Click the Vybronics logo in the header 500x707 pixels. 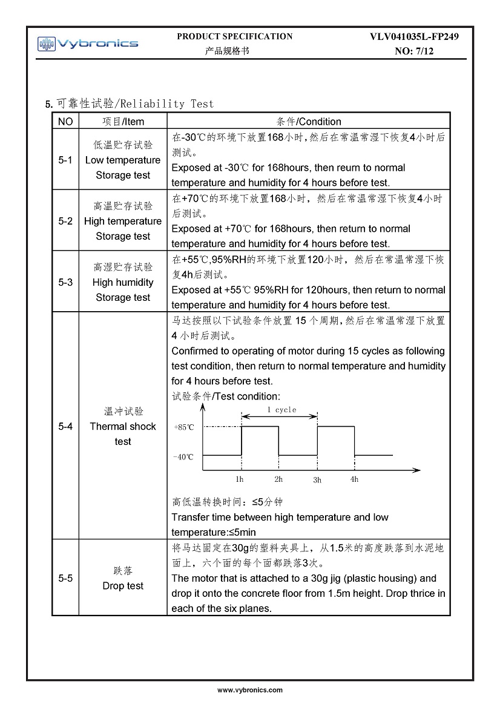[x=88, y=44]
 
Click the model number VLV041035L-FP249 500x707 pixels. [x=414, y=37]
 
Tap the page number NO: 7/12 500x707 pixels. [x=414, y=51]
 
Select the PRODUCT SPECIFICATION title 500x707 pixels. [x=235, y=36]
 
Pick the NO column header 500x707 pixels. [x=65, y=122]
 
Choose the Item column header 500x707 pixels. [x=123, y=122]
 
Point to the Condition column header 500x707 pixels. [x=308, y=122]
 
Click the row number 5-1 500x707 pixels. [x=65, y=160]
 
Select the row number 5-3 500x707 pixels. [x=65, y=282]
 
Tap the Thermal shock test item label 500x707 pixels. [x=123, y=426]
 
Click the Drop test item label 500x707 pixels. [x=123, y=586]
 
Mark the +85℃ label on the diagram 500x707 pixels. [x=184, y=427]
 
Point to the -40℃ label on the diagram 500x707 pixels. [x=183, y=456]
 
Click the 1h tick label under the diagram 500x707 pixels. [x=240, y=479]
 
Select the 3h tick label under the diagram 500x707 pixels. [x=317, y=480]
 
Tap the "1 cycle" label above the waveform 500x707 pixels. [x=281, y=410]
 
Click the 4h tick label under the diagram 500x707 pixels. [x=355, y=479]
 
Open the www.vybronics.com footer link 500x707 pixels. [x=250, y=690]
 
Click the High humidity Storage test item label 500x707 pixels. [x=123, y=282]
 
